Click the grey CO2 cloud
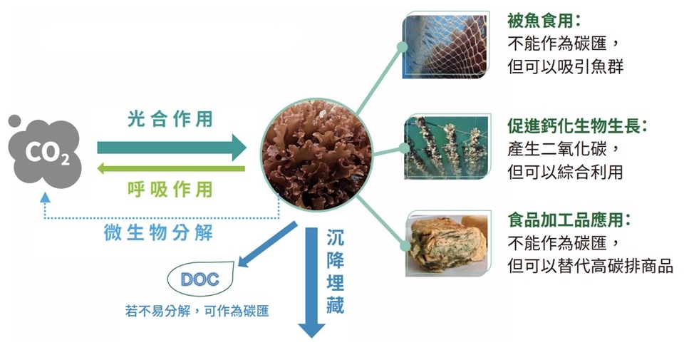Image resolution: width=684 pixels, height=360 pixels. [44, 153]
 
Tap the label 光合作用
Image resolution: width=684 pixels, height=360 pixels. [170, 118]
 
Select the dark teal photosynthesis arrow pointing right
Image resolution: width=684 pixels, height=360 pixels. [172, 148]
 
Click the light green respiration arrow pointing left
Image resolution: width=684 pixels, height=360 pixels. [170, 168]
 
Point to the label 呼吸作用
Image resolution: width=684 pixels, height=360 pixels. [170, 190]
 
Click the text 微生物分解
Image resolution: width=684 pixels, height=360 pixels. [158, 232]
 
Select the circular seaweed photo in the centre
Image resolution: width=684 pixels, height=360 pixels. [316, 154]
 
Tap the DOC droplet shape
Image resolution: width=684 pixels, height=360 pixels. [200, 279]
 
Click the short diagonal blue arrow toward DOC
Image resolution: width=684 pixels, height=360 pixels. [267, 244]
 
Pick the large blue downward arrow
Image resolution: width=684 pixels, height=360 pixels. [311, 282]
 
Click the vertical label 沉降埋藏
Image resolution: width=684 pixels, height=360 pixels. [336, 272]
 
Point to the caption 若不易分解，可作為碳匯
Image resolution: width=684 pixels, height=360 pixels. [197, 311]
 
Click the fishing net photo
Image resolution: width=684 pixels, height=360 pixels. [445, 46]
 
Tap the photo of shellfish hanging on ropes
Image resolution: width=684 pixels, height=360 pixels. [447, 148]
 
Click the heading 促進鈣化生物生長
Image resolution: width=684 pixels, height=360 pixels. [576, 125]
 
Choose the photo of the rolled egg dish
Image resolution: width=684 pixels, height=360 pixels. [447, 245]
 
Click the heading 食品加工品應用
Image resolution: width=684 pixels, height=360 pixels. [569, 220]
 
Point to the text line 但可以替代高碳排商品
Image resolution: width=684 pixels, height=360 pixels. [590, 266]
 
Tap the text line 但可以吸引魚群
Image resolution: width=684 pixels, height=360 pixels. [565, 66]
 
